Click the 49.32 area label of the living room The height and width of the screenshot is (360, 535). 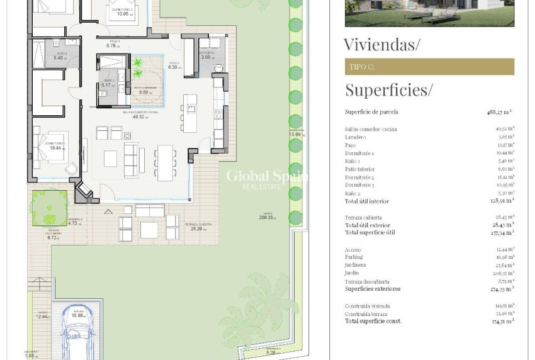tap(138, 116)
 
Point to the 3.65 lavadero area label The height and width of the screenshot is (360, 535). tap(206, 57)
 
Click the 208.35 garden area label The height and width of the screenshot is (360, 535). tap(267, 218)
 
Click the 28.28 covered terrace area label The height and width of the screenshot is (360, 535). tap(193, 230)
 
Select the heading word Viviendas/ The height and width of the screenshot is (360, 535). tap(381, 45)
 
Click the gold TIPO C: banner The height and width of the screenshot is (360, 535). tap(429, 67)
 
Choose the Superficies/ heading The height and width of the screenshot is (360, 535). tap(388, 90)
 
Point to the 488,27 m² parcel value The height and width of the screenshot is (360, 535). tap(500, 112)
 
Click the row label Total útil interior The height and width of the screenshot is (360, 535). tap(367, 201)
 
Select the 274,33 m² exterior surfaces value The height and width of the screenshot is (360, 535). tap(501, 289)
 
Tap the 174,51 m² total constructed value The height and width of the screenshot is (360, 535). tap(501, 321)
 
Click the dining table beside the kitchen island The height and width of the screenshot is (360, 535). tap(164, 162)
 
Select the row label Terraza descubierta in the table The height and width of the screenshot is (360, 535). tap(367, 282)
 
